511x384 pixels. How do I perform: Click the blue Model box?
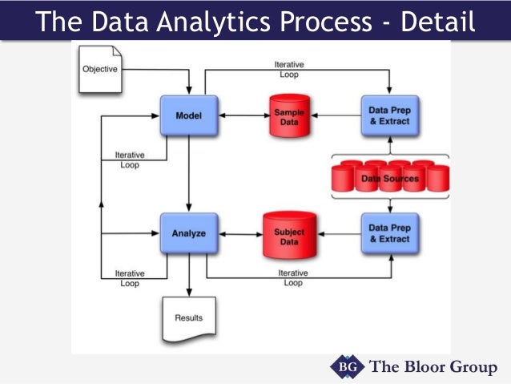pos(188,116)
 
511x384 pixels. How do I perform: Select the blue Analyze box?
pos(188,233)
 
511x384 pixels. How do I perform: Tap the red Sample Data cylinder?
pos(288,115)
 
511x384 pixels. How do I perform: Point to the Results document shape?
pos(189,318)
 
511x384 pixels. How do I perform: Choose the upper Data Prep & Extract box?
pos(389,115)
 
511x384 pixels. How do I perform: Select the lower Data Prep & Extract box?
pos(389,233)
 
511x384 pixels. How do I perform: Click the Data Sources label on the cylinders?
pos(390,178)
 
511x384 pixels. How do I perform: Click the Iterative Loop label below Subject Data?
pos(293,277)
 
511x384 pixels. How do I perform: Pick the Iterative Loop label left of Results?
pos(129,277)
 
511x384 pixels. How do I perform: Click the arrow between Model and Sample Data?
pos(239,115)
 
